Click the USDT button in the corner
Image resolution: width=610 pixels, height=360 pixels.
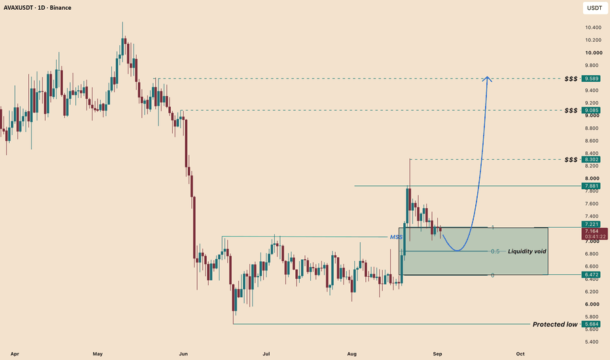(x=594, y=8)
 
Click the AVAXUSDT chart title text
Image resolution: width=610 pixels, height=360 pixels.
(x=37, y=7)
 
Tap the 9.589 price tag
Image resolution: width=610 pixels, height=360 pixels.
(x=590, y=79)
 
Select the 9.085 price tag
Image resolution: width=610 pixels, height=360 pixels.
(x=590, y=111)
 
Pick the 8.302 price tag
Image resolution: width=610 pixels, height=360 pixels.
(x=590, y=160)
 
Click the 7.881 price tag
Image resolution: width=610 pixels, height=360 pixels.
(x=590, y=186)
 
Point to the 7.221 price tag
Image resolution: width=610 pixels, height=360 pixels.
(x=590, y=224)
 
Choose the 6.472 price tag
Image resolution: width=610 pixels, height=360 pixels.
(x=590, y=274)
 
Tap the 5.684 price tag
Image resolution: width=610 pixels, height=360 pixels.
(x=590, y=324)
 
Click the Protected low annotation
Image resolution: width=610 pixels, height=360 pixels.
(x=555, y=324)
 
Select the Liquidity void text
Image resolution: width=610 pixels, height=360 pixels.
(x=527, y=251)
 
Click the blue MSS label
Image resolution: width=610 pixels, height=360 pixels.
(x=396, y=237)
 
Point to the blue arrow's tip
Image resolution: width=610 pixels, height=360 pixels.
(x=487, y=76)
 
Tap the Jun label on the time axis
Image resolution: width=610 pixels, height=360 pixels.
(x=183, y=353)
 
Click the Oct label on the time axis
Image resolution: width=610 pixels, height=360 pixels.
(x=520, y=353)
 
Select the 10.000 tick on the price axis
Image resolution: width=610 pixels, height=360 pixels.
(x=594, y=53)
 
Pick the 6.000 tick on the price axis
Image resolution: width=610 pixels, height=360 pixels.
(x=592, y=304)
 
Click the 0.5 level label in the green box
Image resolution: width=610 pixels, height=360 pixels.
(x=495, y=251)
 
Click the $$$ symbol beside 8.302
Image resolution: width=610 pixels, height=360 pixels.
(x=571, y=160)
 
